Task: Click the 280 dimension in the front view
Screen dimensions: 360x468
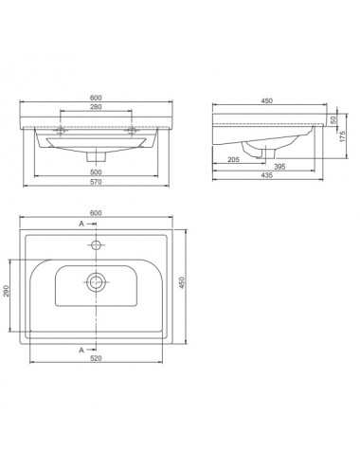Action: [x=96, y=107]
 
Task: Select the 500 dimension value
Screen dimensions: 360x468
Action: [x=96, y=172]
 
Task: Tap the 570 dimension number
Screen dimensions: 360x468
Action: [x=96, y=182]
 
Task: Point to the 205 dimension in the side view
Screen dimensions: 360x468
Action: [x=233, y=159]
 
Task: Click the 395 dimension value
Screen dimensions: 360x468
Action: [x=279, y=167]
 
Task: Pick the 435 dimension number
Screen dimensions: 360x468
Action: [x=267, y=175]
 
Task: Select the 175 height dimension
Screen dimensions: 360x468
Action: [x=343, y=136]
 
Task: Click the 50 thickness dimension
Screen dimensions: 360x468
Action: [x=333, y=120]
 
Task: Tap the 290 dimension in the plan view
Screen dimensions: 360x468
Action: [x=6, y=291]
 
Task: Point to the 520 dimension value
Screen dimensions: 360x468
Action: [x=96, y=358]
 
